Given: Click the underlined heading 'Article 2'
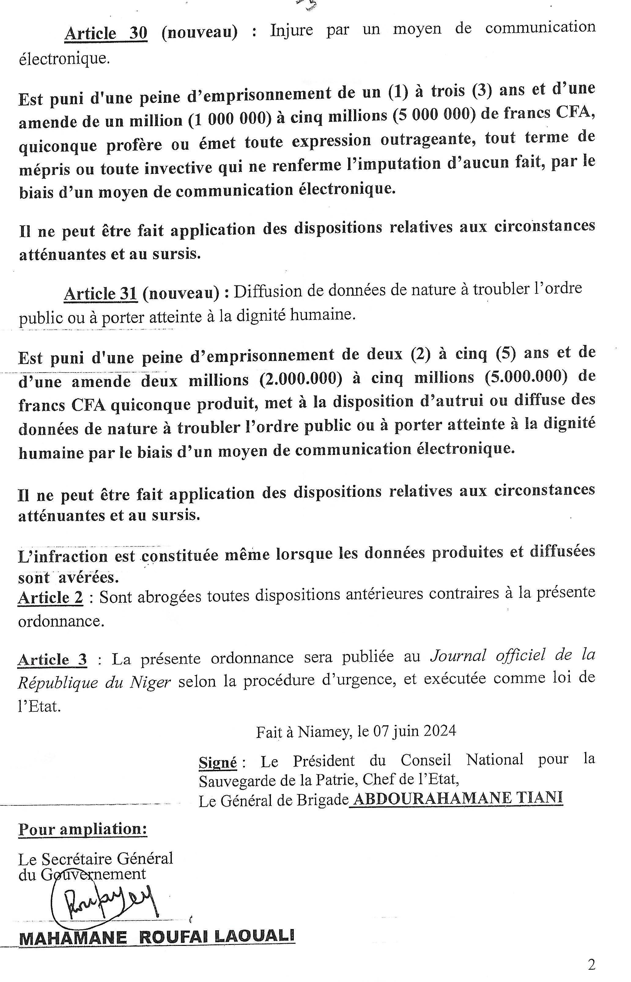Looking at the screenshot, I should [50, 597].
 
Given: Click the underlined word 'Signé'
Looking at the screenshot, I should [218, 763].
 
